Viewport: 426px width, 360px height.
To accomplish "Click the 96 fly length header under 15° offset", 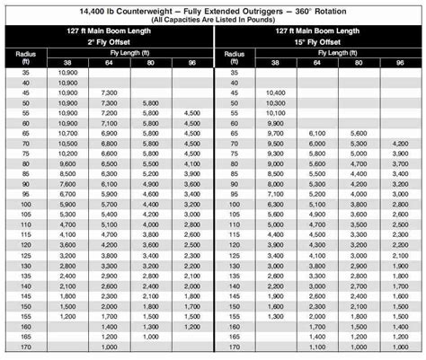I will pos(399,63).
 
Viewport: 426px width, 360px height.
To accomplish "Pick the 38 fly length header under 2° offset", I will pos(42,63).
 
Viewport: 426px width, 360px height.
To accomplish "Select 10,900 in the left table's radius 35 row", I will pos(42,72).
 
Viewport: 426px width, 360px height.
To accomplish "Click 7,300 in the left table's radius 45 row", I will pos(84,92).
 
